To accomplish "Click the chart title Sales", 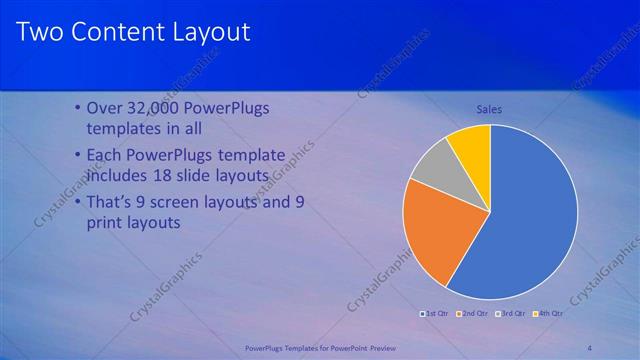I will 489,109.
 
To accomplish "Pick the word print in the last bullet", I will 109,223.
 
